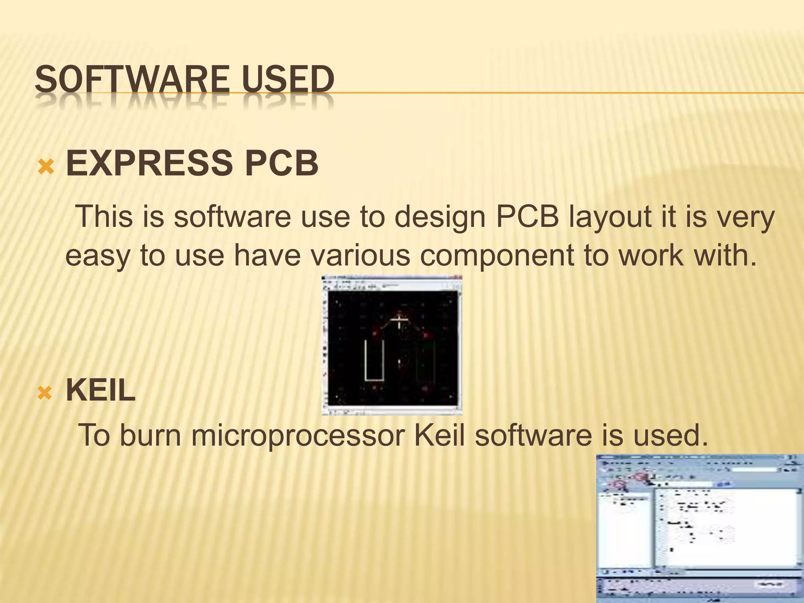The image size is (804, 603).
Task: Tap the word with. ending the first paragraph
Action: (x=724, y=255)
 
